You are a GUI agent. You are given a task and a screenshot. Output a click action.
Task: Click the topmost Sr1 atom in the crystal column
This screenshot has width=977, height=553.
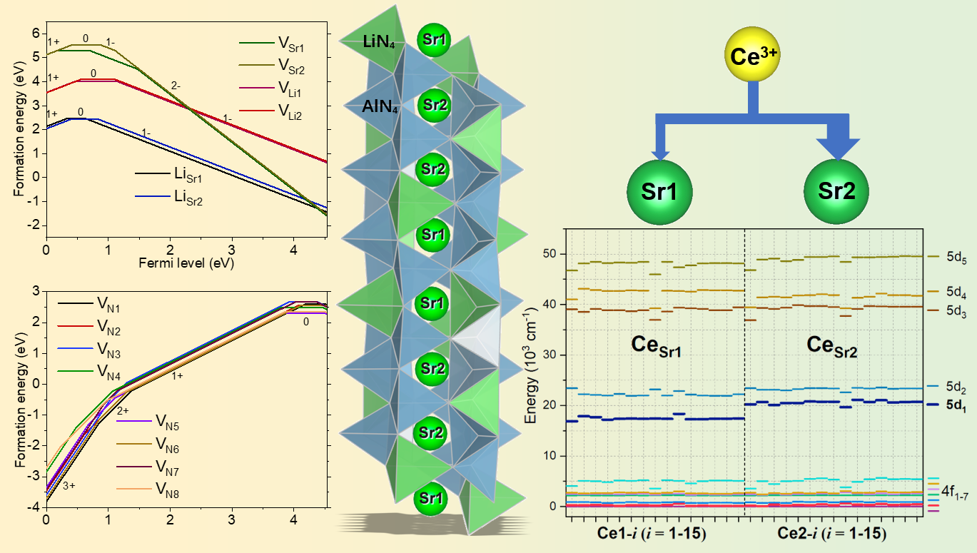(x=435, y=39)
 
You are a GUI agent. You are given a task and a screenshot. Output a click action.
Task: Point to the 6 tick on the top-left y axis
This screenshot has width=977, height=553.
(x=37, y=33)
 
